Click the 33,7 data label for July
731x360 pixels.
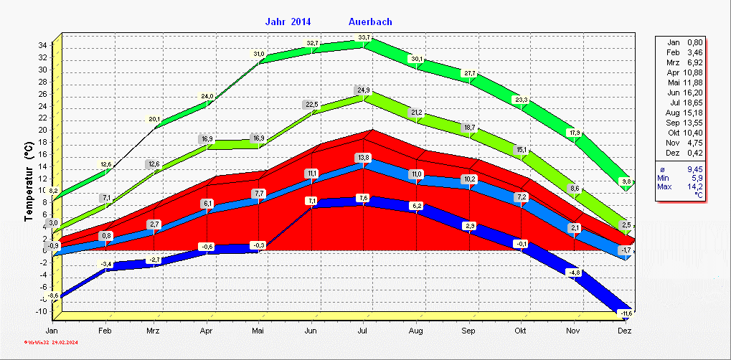[364, 37]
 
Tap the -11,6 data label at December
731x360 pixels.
[626, 313]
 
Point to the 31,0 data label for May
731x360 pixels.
[259, 54]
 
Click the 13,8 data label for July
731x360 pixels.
[364, 157]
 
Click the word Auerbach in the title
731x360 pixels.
[371, 22]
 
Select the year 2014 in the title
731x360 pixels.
[301, 22]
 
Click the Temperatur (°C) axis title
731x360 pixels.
[29, 181]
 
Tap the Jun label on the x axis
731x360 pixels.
[311, 331]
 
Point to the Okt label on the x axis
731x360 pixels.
[520, 331]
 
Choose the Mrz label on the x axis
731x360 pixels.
[153, 331]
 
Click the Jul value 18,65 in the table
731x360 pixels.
[692, 103]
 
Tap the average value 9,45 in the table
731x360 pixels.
[694, 169]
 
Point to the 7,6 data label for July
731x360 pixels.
[363, 197]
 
